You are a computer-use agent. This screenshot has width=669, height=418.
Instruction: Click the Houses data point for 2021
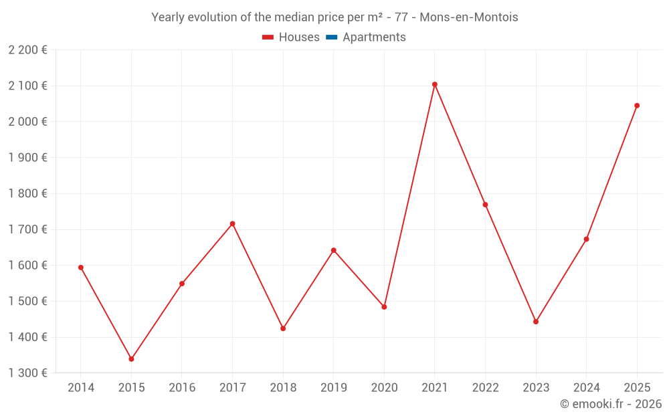coord(435,84)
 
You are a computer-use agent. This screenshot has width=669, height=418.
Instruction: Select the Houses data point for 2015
coord(131,359)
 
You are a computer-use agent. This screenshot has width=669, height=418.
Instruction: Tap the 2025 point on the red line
coord(637,106)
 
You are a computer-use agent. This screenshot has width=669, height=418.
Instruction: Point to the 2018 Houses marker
coord(283,328)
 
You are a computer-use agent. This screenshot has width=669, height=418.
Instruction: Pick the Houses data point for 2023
coord(536,322)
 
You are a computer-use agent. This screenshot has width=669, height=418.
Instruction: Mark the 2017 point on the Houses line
coord(232,223)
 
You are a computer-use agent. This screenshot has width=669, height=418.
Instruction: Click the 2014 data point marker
coord(81,268)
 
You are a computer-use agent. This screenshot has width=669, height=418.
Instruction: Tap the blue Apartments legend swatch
coord(331,37)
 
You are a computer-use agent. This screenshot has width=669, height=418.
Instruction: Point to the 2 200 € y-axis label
coord(27,50)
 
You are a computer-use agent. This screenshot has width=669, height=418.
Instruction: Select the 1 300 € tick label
coord(27,373)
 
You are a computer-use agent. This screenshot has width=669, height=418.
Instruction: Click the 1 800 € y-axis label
coord(27,193)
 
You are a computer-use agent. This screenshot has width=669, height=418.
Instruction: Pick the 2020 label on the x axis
coord(384,388)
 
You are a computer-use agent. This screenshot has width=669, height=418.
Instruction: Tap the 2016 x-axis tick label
coord(182,388)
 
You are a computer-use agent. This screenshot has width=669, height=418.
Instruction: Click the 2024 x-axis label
coord(586,388)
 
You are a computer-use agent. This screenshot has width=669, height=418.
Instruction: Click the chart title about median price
coord(334,17)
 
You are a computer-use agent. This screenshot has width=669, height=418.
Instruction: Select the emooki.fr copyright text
coord(610,404)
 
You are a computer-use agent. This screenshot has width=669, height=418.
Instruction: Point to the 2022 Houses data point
coord(485,205)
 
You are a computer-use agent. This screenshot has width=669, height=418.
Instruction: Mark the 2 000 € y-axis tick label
coord(27,122)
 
